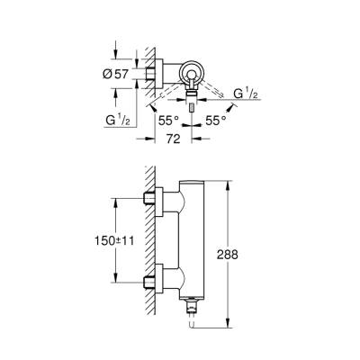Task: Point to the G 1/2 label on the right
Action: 243,94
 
